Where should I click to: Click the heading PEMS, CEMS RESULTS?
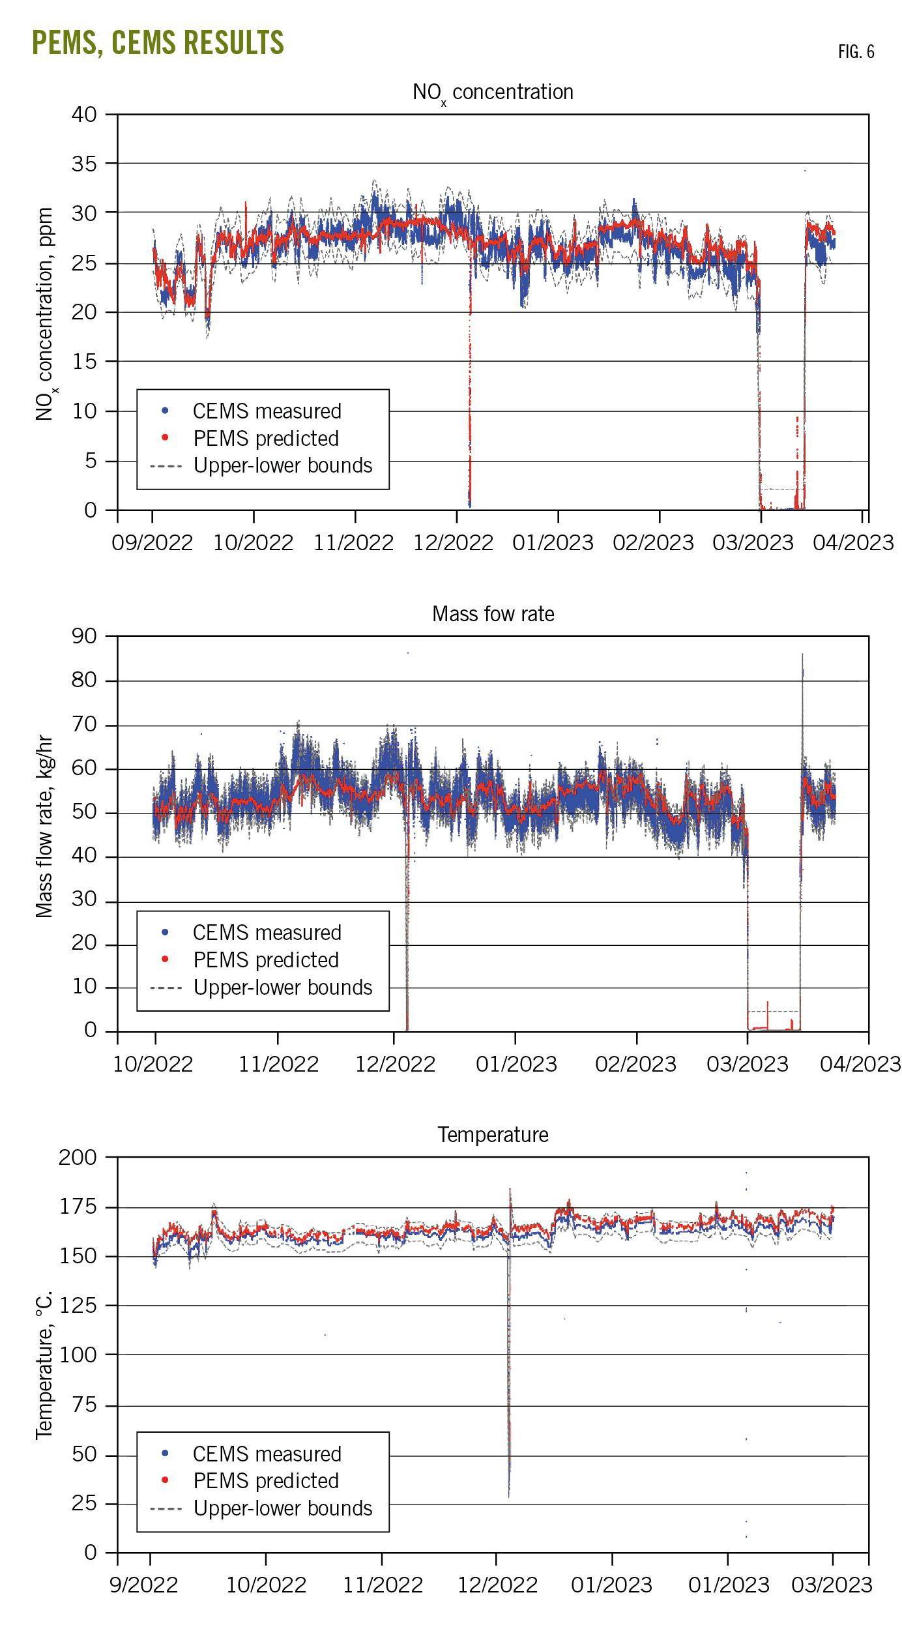coord(158,43)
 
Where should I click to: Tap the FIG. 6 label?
coord(856,52)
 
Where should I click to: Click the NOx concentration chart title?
coord(493,93)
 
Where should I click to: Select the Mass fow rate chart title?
coord(493,614)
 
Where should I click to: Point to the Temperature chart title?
coord(493,1135)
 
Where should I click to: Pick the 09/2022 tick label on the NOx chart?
coord(152,542)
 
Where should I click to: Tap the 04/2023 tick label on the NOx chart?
coord(852,542)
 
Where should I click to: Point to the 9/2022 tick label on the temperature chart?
coord(143,1585)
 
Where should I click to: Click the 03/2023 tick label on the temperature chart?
coord(831,1585)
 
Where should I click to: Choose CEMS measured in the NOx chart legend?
coord(267,411)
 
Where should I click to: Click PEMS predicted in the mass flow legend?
coord(266,960)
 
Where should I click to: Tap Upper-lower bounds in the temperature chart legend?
coord(283,1508)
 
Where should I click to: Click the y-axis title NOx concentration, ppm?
coord(44,314)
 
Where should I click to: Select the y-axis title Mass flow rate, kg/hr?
coord(44,827)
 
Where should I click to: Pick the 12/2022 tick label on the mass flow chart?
coord(395,1064)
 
